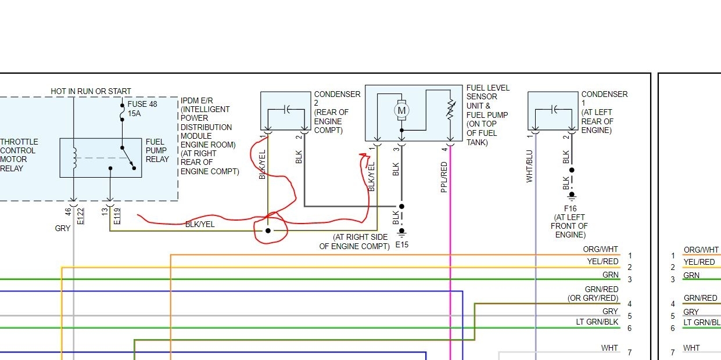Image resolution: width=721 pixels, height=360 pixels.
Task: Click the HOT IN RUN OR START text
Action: pos(91,91)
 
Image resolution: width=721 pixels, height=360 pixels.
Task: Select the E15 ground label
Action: pos(401,244)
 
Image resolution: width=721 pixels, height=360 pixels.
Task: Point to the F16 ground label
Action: pos(569,208)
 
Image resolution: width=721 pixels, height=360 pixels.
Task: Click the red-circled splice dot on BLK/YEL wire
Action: pos(268,231)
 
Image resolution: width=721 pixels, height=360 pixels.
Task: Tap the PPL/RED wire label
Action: pos(444,177)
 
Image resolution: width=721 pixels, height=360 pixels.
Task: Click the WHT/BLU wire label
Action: pos(529,167)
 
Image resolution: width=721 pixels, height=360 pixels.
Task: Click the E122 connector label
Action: pos(81,216)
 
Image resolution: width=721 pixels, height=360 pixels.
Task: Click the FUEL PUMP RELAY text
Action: pos(157,150)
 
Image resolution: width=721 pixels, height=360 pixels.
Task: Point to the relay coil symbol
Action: pos(74,157)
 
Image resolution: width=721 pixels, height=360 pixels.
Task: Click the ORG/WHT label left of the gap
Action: pos(602,250)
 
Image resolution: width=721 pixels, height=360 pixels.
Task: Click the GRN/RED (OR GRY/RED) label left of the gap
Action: pos(593,294)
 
